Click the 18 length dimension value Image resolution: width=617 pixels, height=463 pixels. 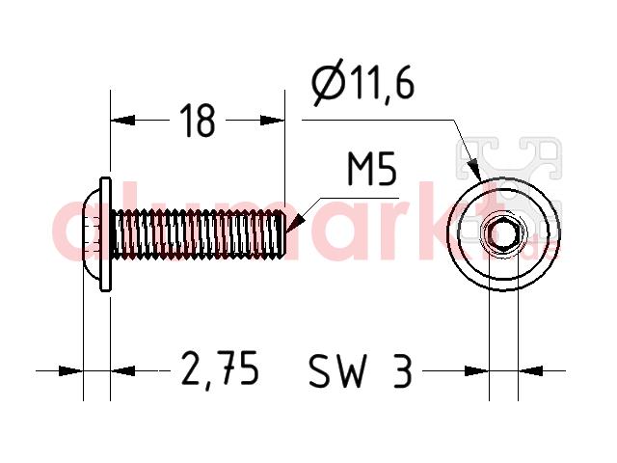198,121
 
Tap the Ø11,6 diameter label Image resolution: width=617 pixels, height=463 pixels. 362,83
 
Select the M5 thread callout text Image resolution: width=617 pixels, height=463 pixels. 372,170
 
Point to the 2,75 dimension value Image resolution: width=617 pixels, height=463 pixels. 221,368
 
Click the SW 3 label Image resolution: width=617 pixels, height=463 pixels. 361,370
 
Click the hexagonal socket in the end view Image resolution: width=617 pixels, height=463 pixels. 503,235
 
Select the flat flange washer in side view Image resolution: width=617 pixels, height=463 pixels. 105,234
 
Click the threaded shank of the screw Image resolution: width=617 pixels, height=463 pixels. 198,234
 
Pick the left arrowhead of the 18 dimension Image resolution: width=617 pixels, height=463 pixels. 122,121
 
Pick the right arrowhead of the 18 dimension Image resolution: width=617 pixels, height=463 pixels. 272,121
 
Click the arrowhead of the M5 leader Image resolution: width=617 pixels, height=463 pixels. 295,224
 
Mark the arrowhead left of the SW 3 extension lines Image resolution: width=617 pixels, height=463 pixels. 476,370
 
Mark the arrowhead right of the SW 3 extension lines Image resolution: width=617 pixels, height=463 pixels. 530,370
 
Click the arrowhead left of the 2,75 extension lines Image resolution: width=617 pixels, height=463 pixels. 70,370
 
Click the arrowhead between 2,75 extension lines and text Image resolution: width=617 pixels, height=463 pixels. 122,370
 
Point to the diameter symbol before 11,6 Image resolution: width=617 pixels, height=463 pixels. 328,83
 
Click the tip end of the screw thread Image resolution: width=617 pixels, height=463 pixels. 284,234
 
